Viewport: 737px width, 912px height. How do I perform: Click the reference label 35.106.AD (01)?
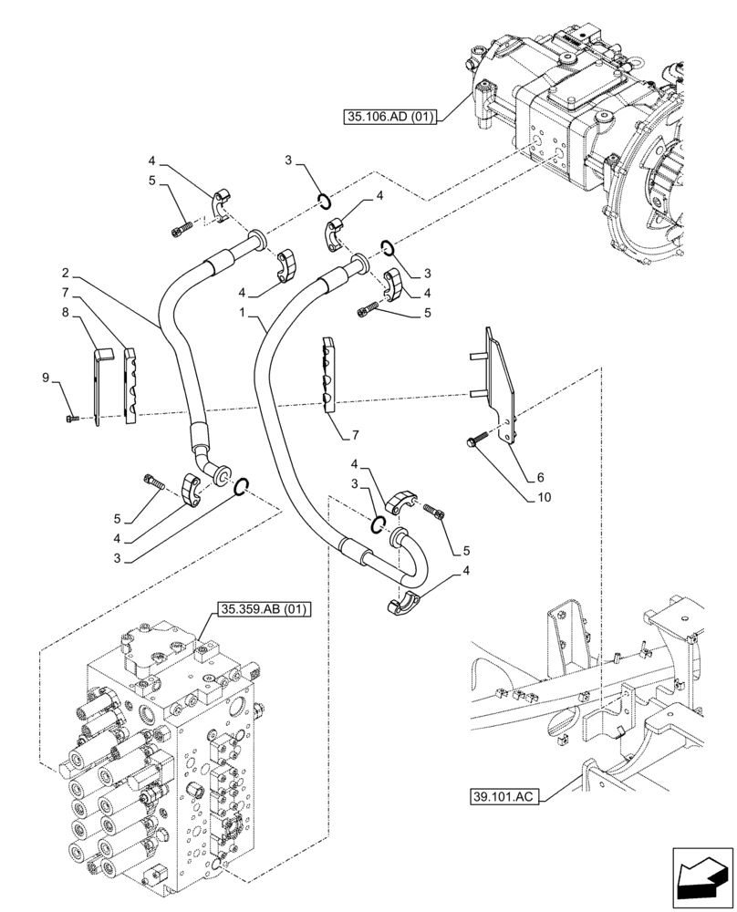point(391,116)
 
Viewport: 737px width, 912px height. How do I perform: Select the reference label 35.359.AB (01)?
point(264,609)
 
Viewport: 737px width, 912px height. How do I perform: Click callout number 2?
point(67,272)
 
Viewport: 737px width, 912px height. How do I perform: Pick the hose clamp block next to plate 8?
point(130,387)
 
